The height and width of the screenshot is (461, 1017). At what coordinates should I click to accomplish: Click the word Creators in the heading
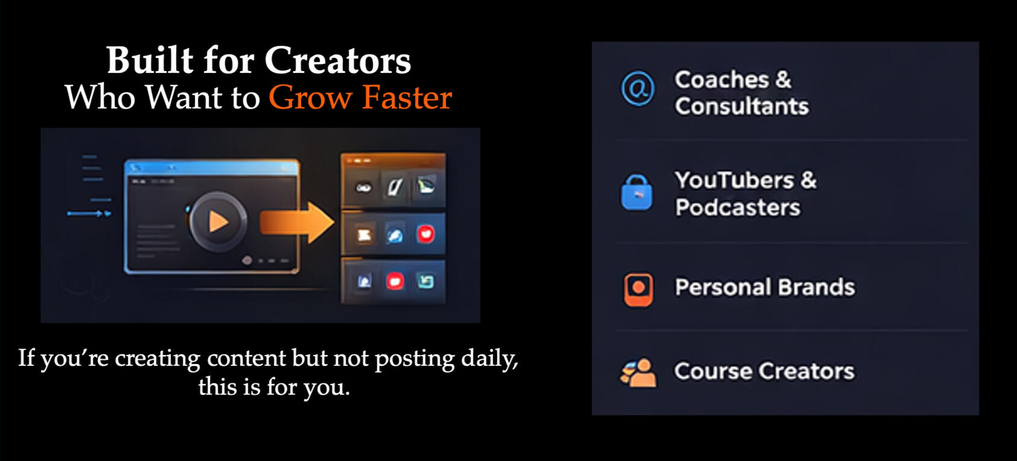pos(338,61)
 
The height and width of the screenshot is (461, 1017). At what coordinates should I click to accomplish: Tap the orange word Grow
pos(311,98)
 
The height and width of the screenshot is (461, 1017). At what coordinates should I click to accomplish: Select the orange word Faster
pos(407,97)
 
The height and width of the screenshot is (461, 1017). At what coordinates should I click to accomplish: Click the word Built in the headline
pos(150,60)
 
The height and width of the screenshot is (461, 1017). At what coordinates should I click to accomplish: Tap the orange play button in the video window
pos(218,222)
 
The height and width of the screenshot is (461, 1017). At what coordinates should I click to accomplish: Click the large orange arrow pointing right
pos(297,223)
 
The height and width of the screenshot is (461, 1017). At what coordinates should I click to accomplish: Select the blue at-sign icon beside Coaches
pos(638,88)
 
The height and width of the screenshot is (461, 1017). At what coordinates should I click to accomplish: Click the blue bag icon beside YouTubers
pos(637,193)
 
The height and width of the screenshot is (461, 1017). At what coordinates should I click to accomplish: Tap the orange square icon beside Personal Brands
pos(638,289)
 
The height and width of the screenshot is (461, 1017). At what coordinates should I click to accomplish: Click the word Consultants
pos(742,107)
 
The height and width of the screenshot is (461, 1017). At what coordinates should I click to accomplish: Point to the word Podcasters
pos(738,208)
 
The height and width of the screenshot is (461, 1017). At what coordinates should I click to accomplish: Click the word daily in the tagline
pos(489,359)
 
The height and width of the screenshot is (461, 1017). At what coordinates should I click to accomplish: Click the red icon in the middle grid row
pos(425,234)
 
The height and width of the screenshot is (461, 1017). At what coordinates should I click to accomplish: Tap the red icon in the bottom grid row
pos(395,281)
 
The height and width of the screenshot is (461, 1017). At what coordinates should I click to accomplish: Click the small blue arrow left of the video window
pos(89,213)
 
